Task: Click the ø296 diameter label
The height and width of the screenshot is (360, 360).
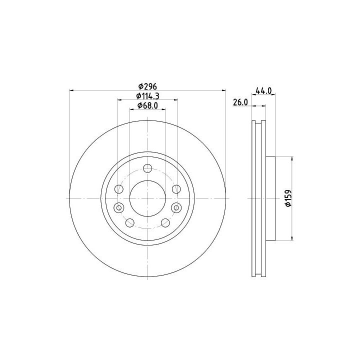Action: pos(147,86)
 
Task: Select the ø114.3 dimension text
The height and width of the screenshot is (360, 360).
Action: pos(147,96)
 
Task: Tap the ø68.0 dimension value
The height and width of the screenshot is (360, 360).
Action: pos(147,105)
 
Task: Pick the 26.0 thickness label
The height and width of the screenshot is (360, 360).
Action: pos(240,102)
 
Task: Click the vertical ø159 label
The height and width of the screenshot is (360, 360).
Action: pos(288,198)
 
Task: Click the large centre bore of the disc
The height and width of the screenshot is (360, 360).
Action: pos(147,198)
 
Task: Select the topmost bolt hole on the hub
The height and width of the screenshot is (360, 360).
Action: pos(147,168)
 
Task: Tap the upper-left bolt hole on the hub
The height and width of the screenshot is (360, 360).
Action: pos(119,189)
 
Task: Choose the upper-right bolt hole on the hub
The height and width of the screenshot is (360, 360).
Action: pos(176,189)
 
